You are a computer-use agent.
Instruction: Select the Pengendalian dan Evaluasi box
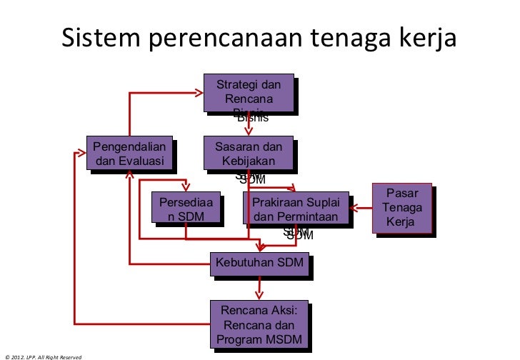click(x=130, y=153)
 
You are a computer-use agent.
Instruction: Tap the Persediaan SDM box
click(x=186, y=208)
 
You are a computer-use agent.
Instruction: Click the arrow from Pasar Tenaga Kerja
click(x=363, y=209)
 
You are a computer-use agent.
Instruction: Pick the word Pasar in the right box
click(x=402, y=194)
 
